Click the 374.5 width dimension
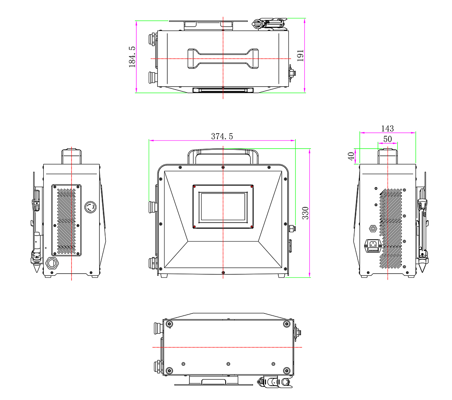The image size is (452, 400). pyautogui.click(x=222, y=136)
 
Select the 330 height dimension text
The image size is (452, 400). pyautogui.click(x=305, y=213)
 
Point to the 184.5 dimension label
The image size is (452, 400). pyautogui.click(x=132, y=57)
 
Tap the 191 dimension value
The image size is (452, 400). pyautogui.click(x=300, y=55)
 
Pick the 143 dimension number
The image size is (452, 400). pyautogui.click(x=387, y=128)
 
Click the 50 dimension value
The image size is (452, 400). pyautogui.click(x=387, y=139)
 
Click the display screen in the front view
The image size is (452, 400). pyautogui.click(x=223, y=207)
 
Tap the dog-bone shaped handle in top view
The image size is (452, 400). pyautogui.click(x=223, y=59)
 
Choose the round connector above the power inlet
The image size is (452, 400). pyautogui.click(x=373, y=228)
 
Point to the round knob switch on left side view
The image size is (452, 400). pyautogui.click(x=90, y=207)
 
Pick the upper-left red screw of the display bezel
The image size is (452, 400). pyautogui.click(x=194, y=186)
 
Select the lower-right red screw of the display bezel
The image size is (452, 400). pyautogui.click(x=252, y=227)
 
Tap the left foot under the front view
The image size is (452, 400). pyautogui.click(x=164, y=276)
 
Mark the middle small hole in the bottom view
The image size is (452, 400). pyautogui.click(x=228, y=364)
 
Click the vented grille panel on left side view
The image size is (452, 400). pyautogui.click(x=66, y=220)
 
